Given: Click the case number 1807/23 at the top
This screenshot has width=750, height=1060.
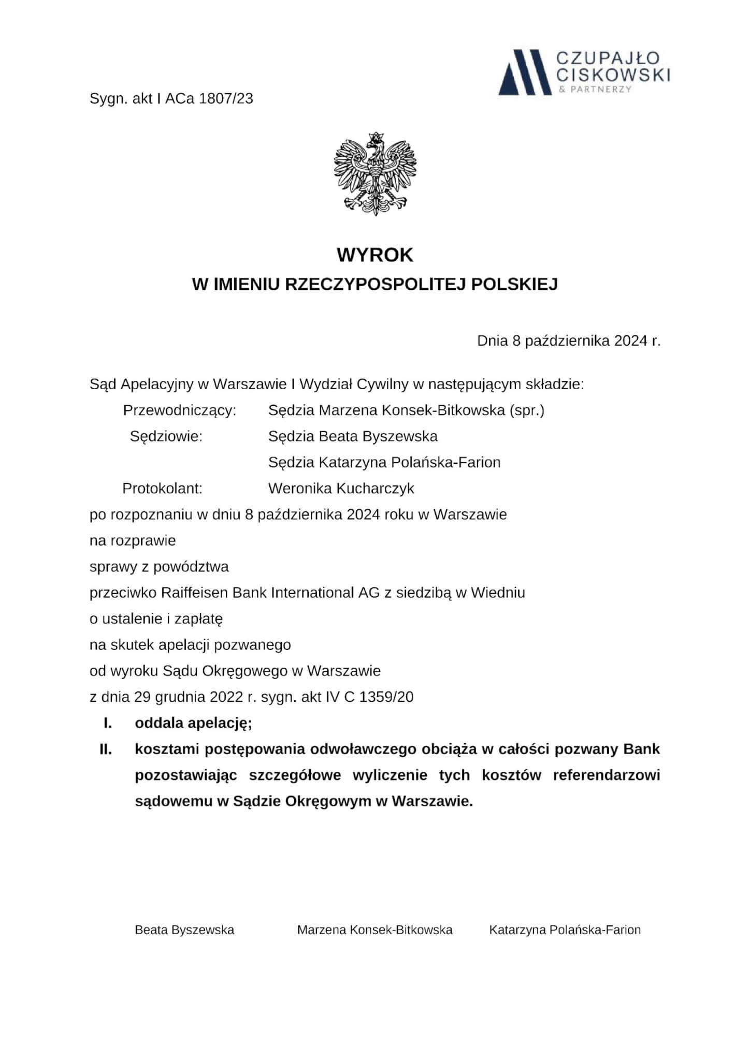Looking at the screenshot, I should [226, 98].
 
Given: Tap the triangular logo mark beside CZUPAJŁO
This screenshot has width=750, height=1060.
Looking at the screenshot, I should [524, 72].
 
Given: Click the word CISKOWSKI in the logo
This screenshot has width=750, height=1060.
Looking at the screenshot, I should [612, 75].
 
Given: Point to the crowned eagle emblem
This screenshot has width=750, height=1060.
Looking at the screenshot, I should [375, 173].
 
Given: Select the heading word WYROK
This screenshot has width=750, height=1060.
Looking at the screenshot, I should [375, 255].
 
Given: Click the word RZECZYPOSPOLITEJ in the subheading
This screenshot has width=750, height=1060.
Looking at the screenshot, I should [376, 284].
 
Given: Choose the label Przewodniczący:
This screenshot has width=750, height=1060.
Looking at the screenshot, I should [180, 410].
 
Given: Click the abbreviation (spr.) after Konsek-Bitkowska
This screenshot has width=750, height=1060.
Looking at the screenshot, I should [527, 410].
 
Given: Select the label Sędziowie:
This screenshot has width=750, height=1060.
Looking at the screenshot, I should [166, 436].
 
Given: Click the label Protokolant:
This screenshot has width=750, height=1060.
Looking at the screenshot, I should [162, 488].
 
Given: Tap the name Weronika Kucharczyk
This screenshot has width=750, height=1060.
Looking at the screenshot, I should [341, 488].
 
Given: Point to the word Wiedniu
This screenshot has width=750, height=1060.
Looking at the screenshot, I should [497, 592].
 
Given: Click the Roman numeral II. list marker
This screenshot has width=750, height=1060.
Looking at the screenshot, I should [106, 749].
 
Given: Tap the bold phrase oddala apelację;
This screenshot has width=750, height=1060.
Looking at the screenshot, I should [193, 723].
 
